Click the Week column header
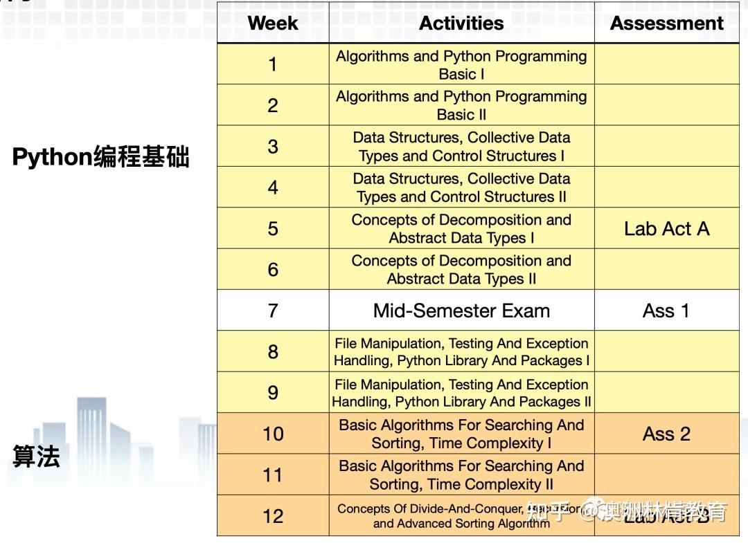(273, 23)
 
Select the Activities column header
(461, 23)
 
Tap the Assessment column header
(666, 23)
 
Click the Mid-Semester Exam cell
(461, 311)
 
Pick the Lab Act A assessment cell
(666, 229)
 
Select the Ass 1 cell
(666, 311)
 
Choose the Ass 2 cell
(666, 434)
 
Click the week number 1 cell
(273, 64)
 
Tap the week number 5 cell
(273, 229)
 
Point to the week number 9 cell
(273, 393)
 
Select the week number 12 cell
(273, 516)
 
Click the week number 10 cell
(273, 434)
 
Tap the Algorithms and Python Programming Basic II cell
(461, 105)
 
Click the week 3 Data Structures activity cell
(461, 147)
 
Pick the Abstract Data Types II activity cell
(461, 270)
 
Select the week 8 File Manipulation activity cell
(461, 352)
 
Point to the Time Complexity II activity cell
(461, 475)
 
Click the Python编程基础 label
(101, 158)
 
